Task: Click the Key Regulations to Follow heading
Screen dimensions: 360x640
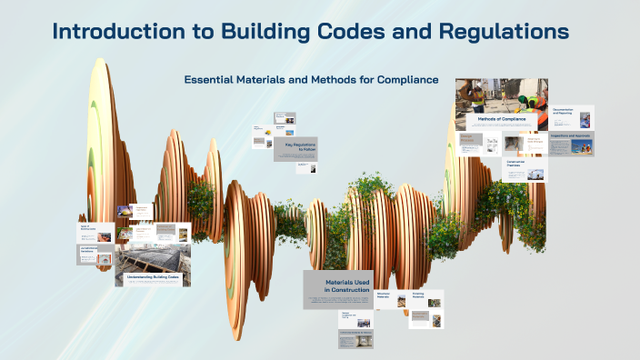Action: [x=299, y=145]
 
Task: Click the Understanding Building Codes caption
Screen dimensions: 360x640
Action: [x=153, y=276]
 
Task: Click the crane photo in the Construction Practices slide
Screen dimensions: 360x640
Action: [x=538, y=172]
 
